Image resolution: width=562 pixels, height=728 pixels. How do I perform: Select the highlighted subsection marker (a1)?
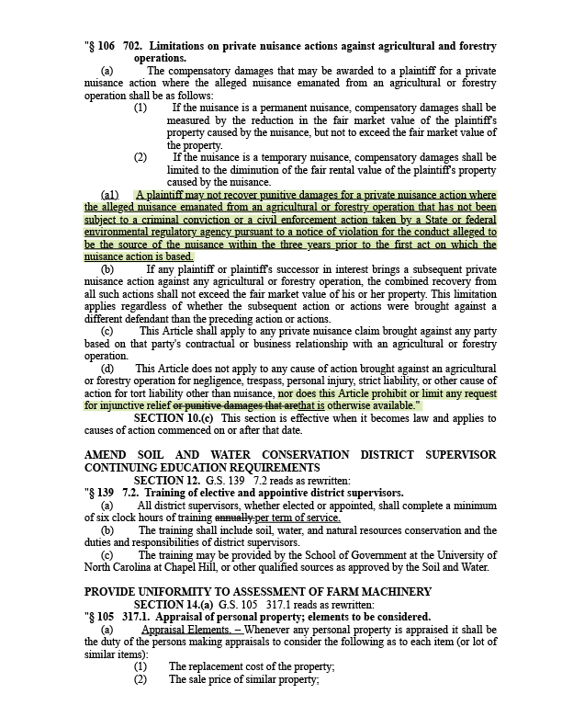(110, 195)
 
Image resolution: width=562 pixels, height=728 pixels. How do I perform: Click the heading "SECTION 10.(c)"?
(174, 417)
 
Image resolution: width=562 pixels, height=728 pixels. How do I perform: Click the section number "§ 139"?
(100, 493)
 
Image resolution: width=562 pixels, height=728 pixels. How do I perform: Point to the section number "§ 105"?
(100, 617)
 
